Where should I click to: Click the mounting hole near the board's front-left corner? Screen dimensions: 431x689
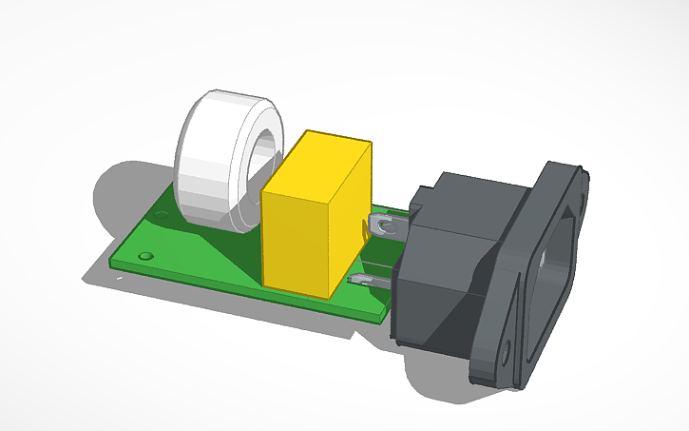144,257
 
